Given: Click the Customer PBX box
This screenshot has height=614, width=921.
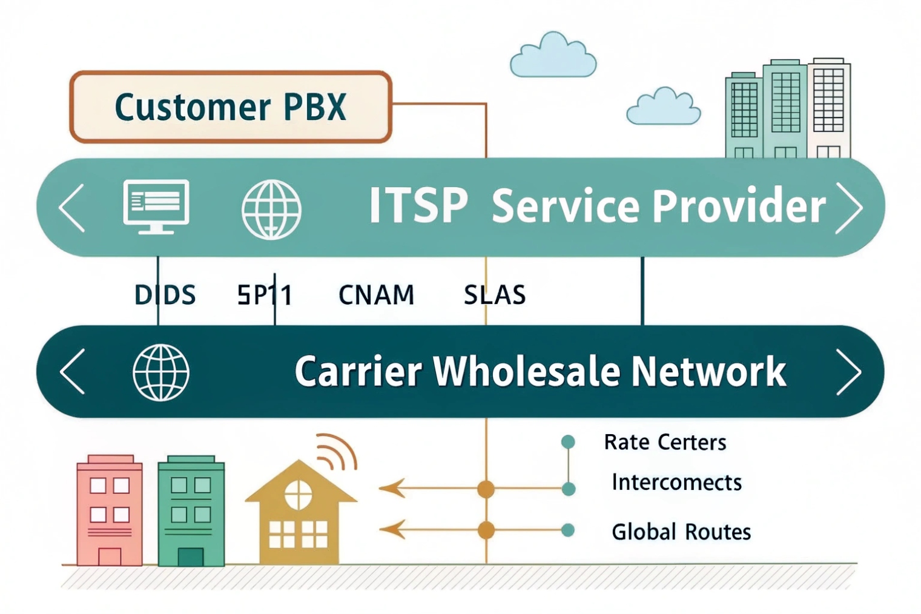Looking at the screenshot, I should tap(231, 107).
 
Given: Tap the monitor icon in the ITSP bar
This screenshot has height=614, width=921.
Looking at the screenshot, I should tap(156, 206).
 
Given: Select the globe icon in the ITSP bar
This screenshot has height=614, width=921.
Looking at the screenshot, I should tap(271, 209).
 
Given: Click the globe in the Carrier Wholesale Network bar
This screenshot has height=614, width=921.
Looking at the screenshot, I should tap(161, 372).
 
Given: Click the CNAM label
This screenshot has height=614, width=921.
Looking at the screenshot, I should tap(376, 295).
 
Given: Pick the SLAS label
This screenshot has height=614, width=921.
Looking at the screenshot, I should tap(495, 295).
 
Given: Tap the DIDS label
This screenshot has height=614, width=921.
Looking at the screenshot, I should tap(165, 295).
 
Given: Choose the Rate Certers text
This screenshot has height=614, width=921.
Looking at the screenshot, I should tap(665, 443).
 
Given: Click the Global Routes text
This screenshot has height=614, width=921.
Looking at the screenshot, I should tap(681, 532).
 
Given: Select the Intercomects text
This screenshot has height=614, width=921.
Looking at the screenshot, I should tap(676, 483).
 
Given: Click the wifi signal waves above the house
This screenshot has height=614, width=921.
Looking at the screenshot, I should tap(336, 452).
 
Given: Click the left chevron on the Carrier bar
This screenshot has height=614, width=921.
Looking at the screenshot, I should tap(73, 372).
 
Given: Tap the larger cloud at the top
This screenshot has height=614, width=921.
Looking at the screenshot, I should tap(553, 56).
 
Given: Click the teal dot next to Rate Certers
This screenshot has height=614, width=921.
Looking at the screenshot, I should tap(568, 442).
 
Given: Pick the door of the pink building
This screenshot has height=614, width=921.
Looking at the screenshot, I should tap(110, 556).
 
